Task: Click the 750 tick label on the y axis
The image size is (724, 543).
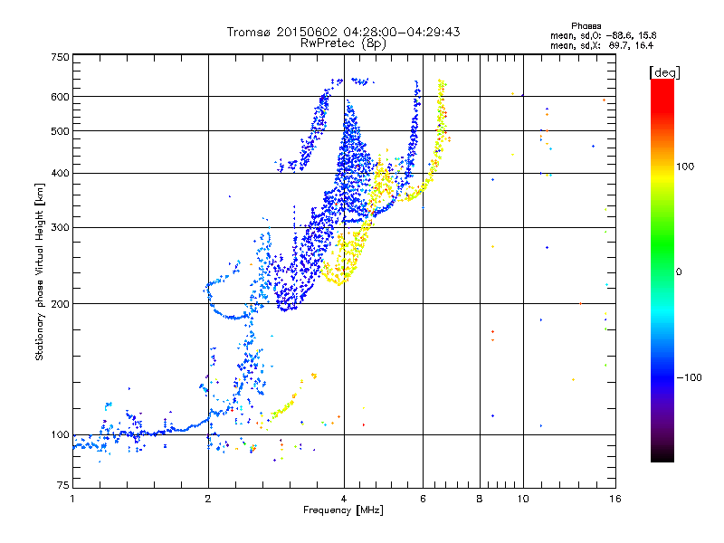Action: click(60, 57)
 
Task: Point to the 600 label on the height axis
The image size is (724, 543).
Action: click(60, 97)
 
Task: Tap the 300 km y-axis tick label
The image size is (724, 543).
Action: click(60, 227)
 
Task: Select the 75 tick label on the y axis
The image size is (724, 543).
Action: click(63, 485)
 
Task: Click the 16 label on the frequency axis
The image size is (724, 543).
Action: click(615, 499)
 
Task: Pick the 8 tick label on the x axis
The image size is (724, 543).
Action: click(480, 499)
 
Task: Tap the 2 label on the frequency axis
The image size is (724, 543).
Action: click(208, 499)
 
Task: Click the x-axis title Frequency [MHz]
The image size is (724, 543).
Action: click(344, 510)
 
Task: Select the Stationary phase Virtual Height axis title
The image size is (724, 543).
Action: click(39, 272)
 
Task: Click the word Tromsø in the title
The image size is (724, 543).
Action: click(249, 32)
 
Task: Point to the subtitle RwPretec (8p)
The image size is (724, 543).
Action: click(343, 43)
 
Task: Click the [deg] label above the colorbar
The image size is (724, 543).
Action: click(664, 73)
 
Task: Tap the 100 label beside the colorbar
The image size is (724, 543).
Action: click(685, 167)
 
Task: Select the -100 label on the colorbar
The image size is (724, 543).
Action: click(690, 377)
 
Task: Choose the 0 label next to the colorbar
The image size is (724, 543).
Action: click(679, 272)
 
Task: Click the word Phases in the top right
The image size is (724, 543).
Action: click(586, 26)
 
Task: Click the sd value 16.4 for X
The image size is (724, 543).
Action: click(644, 45)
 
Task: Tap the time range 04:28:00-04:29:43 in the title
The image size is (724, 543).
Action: click(402, 32)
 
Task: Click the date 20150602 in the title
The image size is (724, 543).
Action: click(307, 32)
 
